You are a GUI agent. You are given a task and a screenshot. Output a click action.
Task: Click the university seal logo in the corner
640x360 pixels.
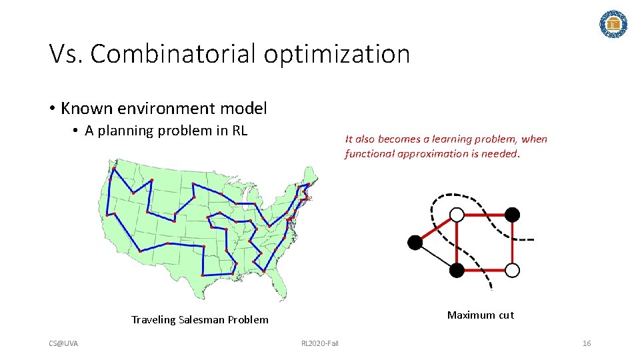[613, 24]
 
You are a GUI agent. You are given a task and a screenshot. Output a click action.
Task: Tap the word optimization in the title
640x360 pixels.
[337, 54]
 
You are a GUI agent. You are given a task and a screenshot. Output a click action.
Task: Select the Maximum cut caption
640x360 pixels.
[481, 315]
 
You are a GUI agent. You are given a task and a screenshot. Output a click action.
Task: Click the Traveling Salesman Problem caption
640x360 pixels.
[200, 320]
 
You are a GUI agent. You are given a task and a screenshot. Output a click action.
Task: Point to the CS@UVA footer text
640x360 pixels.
[63, 343]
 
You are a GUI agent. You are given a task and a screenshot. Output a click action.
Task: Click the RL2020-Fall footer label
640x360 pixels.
[320, 343]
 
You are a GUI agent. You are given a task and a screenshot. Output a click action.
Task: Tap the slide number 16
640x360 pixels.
[587, 343]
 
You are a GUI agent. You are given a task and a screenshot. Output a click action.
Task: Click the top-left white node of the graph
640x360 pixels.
[457, 215]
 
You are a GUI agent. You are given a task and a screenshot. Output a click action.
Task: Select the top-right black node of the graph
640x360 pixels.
[512, 214]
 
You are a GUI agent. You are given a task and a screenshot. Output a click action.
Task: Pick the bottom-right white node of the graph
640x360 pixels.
[512, 270]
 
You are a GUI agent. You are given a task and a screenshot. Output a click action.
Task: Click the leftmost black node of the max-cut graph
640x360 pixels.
[415, 243]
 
